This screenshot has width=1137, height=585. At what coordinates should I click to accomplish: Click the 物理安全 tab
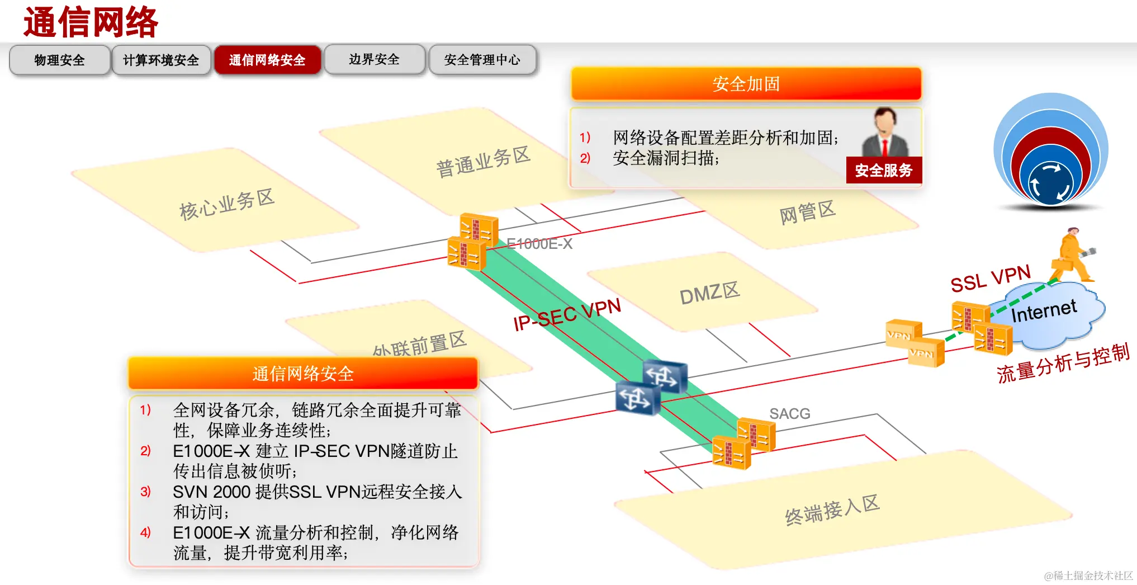pyautogui.click(x=59, y=60)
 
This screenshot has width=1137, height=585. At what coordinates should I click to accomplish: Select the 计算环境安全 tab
pyautogui.click(x=161, y=60)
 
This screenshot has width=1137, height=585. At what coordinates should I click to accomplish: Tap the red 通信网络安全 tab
pyautogui.click(x=267, y=60)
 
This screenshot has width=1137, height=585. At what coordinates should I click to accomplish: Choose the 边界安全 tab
pyautogui.click(x=374, y=59)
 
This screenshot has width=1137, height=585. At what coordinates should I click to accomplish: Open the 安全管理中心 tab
pyautogui.click(x=482, y=59)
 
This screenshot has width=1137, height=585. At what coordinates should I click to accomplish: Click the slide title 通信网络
pyautogui.click(x=91, y=22)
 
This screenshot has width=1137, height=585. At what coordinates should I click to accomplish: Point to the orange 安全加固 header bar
pyautogui.click(x=746, y=84)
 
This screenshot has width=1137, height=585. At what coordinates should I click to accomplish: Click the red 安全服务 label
pyautogui.click(x=883, y=171)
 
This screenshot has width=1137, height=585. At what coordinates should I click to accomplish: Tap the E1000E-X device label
pyautogui.click(x=539, y=244)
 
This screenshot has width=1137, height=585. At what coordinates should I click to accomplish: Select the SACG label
pyautogui.click(x=789, y=413)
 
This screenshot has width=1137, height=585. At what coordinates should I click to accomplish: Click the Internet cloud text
pyautogui.click(x=1044, y=311)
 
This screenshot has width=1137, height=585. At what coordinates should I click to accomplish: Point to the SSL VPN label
pyautogui.click(x=990, y=279)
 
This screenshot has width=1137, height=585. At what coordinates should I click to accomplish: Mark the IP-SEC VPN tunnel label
pyautogui.click(x=567, y=314)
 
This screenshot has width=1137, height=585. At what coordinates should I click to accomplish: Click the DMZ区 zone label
pyautogui.click(x=709, y=293)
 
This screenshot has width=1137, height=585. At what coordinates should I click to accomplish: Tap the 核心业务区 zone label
pyautogui.click(x=226, y=204)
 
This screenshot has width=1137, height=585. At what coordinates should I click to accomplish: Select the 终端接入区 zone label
pyautogui.click(x=832, y=509)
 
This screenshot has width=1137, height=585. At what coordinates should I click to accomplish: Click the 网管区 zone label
pyautogui.click(x=807, y=213)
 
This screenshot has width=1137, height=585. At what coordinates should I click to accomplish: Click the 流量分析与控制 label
pyautogui.click(x=1063, y=364)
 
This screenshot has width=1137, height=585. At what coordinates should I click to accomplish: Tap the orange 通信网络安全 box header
pyautogui.click(x=303, y=374)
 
